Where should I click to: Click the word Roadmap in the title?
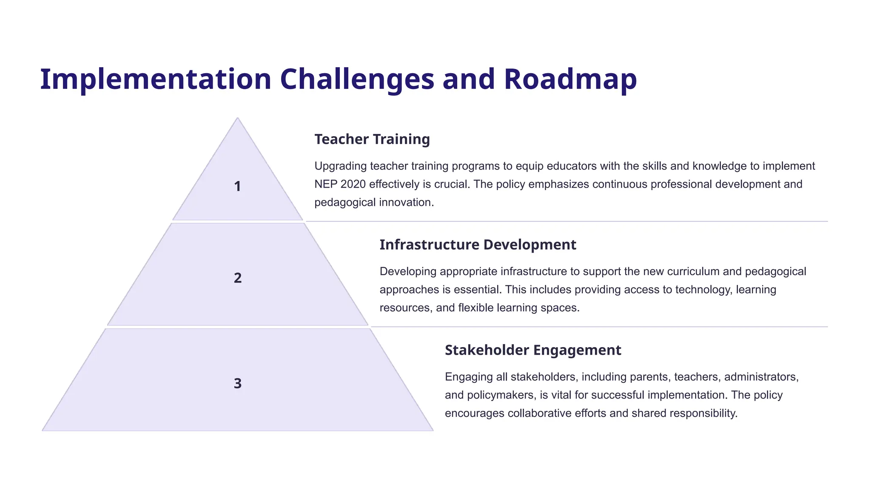coord(570,80)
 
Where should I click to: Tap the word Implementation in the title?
coord(156,80)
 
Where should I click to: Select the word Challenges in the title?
coord(357,80)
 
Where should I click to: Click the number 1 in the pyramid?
coord(237,186)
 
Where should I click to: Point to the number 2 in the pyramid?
coord(238,278)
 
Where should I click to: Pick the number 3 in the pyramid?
coord(238,383)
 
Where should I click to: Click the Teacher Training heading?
coord(372,139)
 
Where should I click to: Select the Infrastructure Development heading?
coord(478,245)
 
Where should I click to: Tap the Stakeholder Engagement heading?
coord(533,350)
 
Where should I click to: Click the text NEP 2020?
coord(340,184)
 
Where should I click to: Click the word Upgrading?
coord(340,166)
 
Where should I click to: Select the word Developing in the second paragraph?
coord(408,271)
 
